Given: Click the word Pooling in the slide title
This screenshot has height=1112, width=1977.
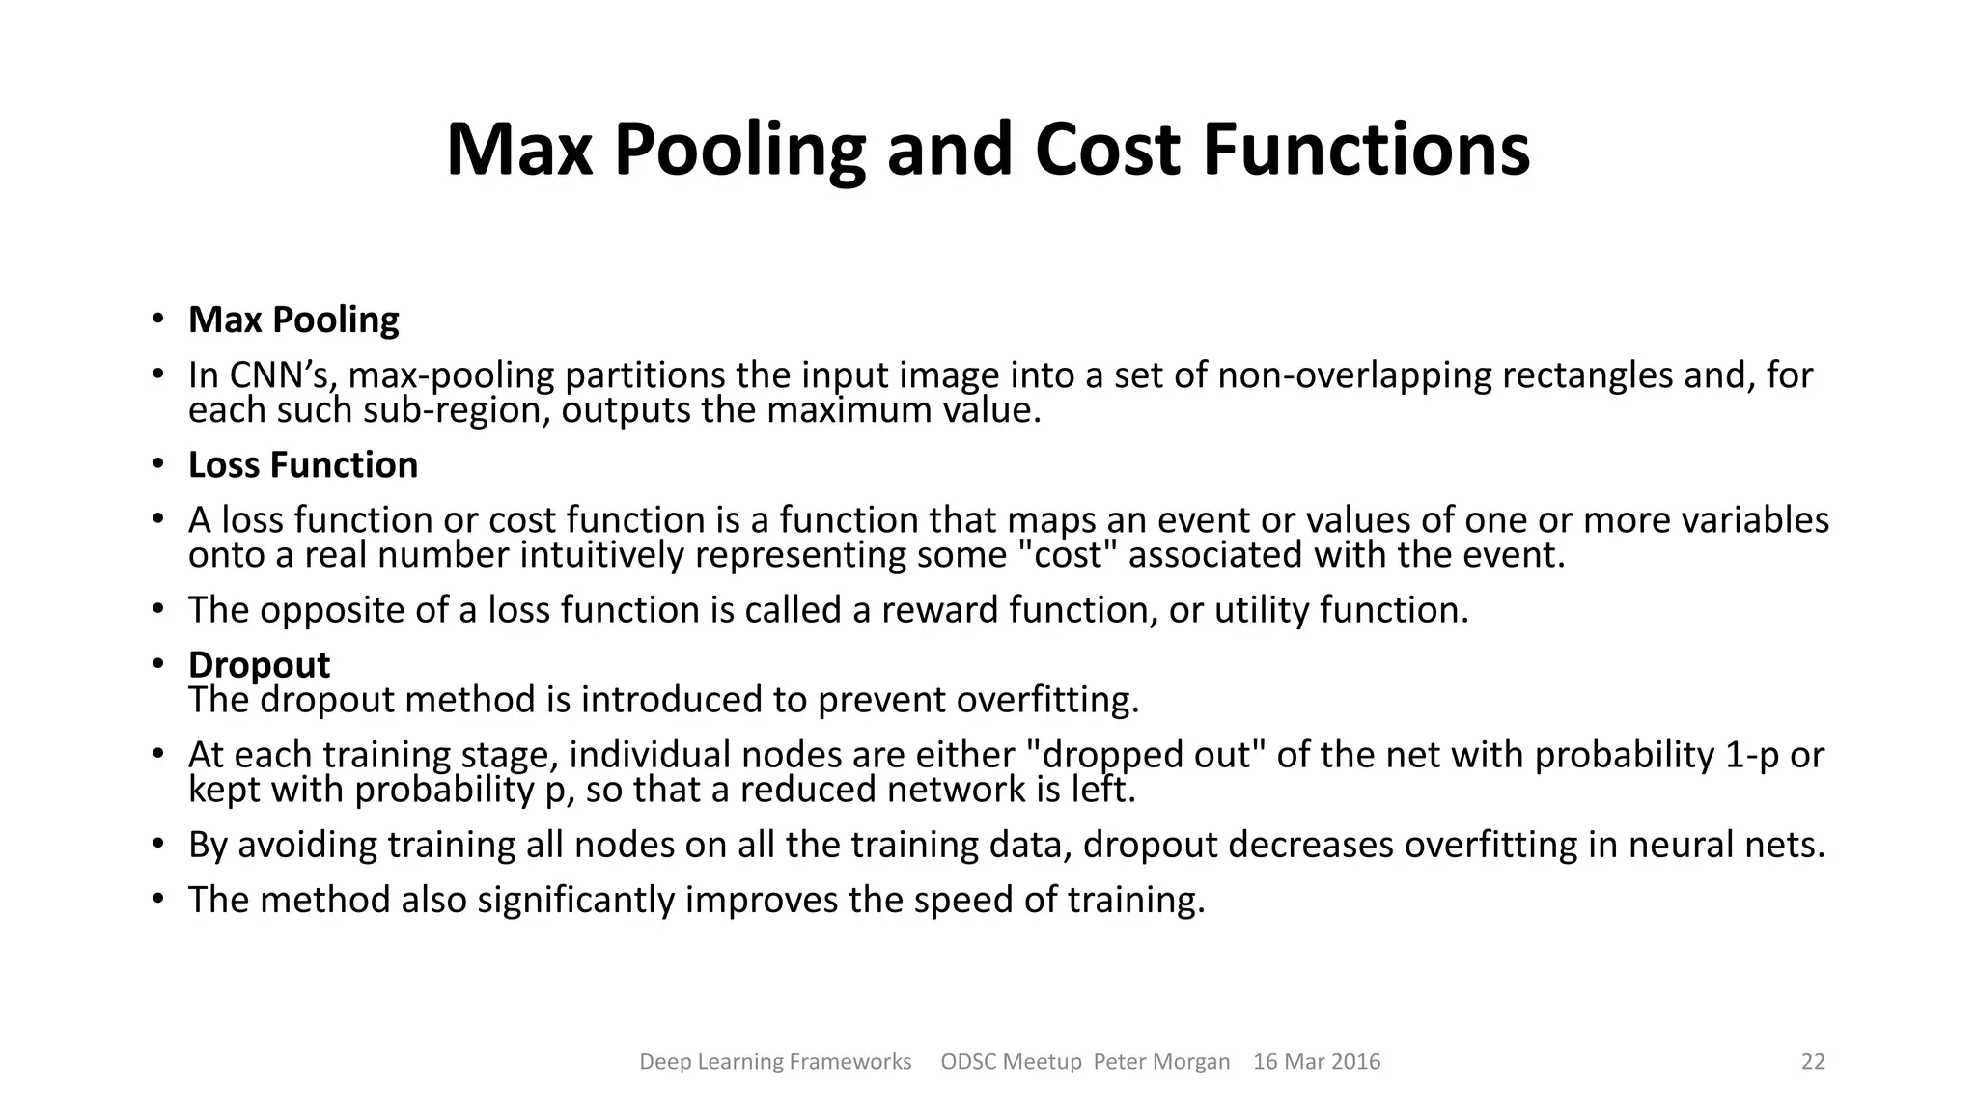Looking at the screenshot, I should (x=738, y=151).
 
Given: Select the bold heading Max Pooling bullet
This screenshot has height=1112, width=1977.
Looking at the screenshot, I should (x=293, y=320).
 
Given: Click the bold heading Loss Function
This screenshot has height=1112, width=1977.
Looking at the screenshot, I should (x=302, y=465).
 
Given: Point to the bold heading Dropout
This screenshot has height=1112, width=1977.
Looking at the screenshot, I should (x=259, y=665).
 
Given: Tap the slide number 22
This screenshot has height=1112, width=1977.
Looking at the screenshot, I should (x=1813, y=1062).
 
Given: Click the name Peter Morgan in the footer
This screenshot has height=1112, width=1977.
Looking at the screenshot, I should (x=1161, y=1062).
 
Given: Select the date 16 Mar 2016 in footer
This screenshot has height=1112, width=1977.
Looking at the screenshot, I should (x=1317, y=1062).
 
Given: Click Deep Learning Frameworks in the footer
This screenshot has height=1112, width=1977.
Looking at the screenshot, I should (x=775, y=1062).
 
